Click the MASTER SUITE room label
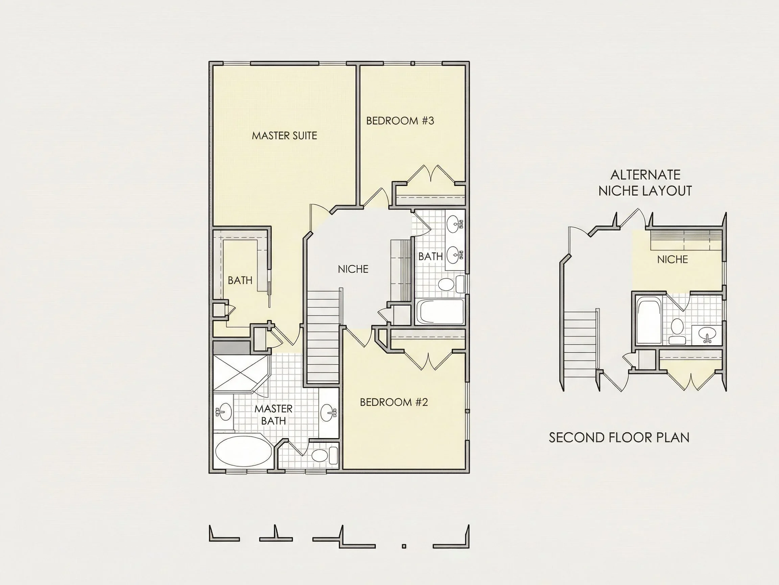[285, 136]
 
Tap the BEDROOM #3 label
[400, 121]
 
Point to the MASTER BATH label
[274, 415]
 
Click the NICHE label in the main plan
[353, 269]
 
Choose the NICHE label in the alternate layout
[672, 260]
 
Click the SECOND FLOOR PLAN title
[619, 438]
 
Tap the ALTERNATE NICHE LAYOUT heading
[645, 183]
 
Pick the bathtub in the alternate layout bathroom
[649, 321]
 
